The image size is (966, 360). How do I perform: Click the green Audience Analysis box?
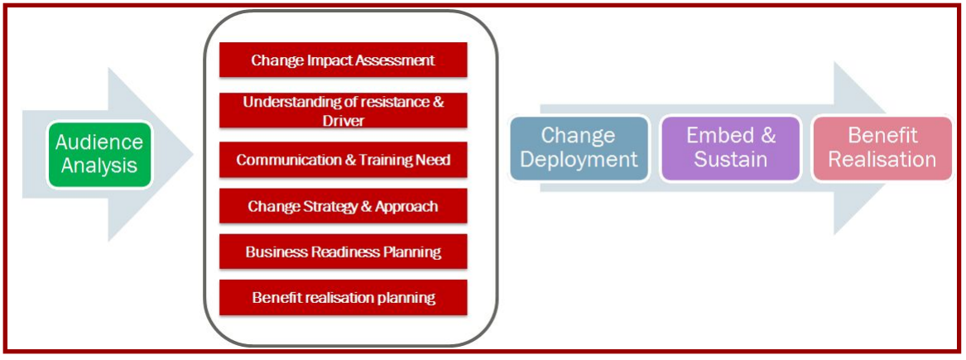click(99, 155)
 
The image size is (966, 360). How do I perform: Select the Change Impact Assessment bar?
click(344, 60)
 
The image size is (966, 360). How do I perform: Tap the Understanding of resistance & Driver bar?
click(344, 110)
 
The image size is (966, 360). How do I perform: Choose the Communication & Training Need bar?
click(344, 160)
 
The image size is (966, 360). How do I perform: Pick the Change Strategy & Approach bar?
click(344, 206)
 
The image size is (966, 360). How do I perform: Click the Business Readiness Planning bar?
click(344, 252)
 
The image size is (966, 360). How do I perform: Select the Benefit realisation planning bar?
click(344, 297)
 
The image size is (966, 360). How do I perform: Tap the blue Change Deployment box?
click(579, 149)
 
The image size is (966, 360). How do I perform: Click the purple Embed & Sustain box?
click(730, 149)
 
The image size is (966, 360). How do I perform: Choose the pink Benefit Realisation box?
click(882, 149)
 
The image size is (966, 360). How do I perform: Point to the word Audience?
click(99, 142)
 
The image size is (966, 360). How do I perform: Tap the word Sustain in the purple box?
click(731, 160)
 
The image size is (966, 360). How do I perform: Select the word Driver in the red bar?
click(344, 120)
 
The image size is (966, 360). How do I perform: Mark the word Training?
click(385, 160)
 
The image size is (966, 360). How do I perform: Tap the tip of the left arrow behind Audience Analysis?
click(194, 155)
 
